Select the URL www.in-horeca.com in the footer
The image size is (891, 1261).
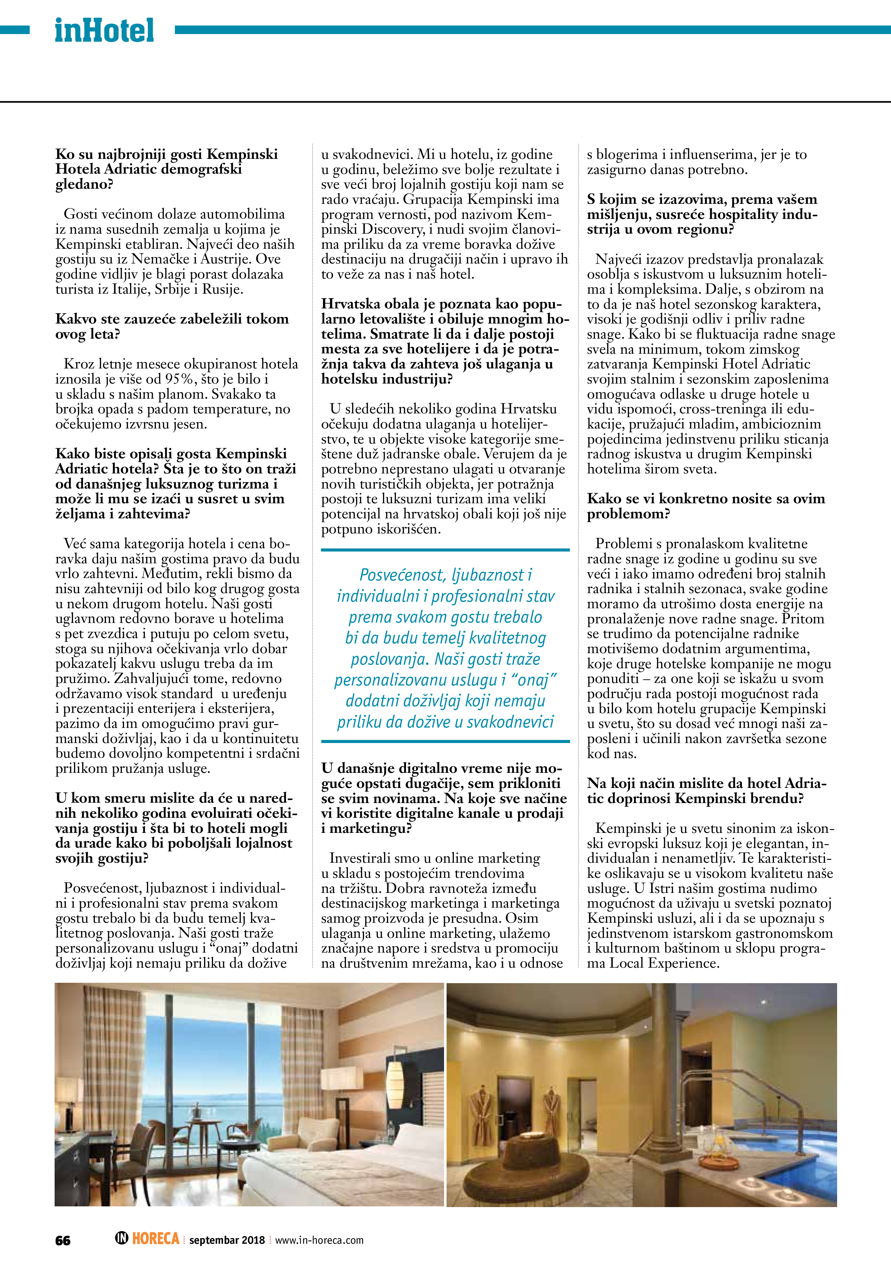[x=319, y=1240]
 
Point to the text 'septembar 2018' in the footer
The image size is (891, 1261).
[x=227, y=1240]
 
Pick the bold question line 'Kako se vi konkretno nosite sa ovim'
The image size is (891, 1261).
[x=706, y=499]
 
